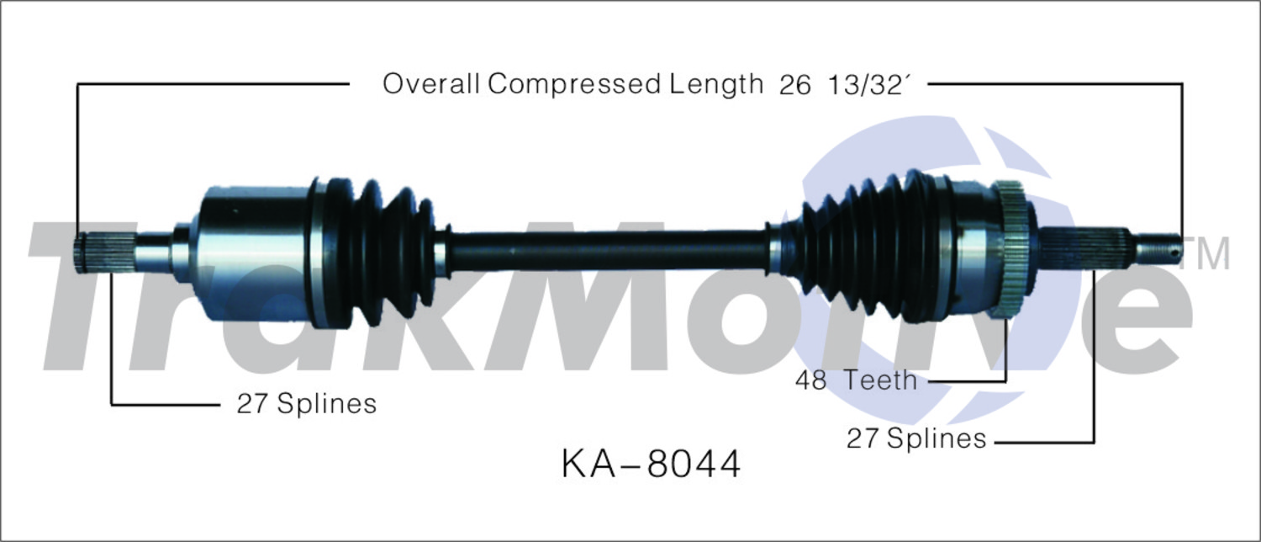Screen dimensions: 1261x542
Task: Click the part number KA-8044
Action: [651, 465]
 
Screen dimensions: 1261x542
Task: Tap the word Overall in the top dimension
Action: [431, 84]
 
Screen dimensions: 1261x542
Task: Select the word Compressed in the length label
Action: [574, 85]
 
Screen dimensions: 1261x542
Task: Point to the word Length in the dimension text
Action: [715, 85]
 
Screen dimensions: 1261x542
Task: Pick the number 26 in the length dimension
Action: [795, 85]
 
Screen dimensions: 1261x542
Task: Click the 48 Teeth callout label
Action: [856, 380]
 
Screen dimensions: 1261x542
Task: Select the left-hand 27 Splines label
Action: [306, 404]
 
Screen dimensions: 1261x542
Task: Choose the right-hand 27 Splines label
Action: [916, 438]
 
